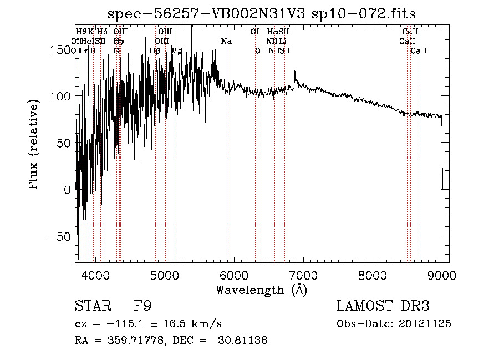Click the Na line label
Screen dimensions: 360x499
[226, 41]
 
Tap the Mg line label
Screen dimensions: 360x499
[177, 50]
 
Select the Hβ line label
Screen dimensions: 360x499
[155, 50]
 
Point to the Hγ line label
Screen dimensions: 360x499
[118, 41]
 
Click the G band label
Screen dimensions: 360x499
[116, 50]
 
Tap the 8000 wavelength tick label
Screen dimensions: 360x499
[373, 275]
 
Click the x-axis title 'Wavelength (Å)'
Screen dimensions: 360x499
[262, 290]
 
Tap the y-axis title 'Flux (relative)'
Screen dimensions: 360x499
[34, 145]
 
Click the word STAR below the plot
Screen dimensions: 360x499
[92, 306]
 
